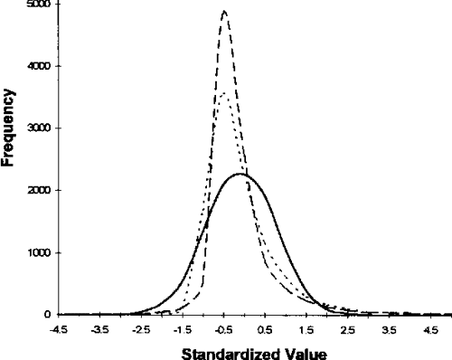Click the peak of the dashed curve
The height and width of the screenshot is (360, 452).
coord(224,12)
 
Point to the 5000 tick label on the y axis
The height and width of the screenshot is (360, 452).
coord(39,5)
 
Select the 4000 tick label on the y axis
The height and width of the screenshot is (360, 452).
coord(39,67)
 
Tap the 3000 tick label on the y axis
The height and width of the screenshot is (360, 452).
coord(39,128)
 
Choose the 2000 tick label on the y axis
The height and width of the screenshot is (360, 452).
coord(39,191)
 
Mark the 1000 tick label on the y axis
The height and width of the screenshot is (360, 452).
coord(39,252)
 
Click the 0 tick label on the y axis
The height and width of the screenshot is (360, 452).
coord(47,315)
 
